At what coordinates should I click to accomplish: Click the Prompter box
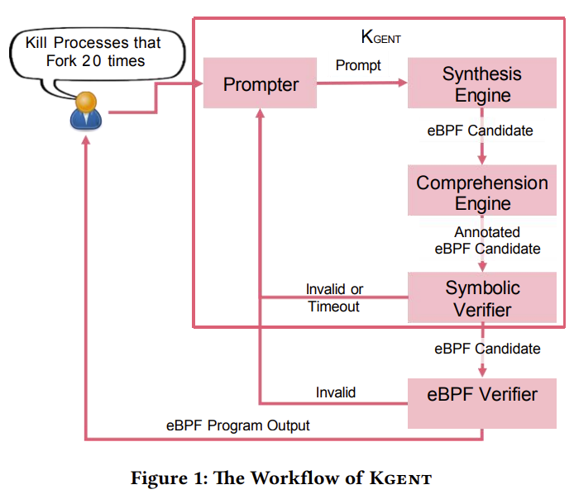click(x=261, y=83)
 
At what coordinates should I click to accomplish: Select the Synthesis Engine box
click(x=481, y=83)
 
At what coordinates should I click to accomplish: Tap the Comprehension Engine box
click(x=481, y=192)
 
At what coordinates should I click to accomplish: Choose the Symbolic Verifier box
click(x=481, y=298)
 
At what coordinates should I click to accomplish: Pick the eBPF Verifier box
click(x=481, y=394)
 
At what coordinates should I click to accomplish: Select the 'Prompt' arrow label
click(x=358, y=65)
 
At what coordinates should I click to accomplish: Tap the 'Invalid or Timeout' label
click(x=334, y=298)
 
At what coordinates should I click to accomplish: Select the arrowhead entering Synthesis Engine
click(x=402, y=83)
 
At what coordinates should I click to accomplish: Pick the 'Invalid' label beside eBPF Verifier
click(x=336, y=392)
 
